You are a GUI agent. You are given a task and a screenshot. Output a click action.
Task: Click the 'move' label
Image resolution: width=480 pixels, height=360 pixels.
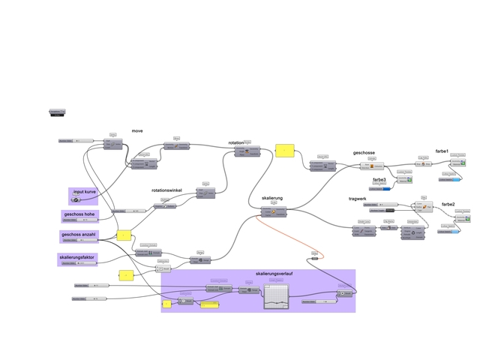click(137, 130)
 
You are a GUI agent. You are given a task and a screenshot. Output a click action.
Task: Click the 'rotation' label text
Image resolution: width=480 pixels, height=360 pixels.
click(237, 142)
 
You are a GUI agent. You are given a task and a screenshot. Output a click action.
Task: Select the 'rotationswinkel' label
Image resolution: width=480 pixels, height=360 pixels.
click(166, 190)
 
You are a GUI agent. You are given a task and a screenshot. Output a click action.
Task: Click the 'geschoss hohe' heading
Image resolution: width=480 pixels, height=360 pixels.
click(79, 214)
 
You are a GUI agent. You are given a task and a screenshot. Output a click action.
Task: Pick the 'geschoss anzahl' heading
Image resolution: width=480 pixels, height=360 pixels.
click(79, 235)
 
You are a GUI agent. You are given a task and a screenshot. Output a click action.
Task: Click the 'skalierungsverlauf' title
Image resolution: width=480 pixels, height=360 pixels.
click(274, 274)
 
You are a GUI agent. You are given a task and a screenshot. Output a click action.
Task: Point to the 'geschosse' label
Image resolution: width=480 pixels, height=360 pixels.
click(364, 153)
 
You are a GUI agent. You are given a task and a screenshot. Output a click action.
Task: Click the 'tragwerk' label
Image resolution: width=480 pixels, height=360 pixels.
click(358, 198)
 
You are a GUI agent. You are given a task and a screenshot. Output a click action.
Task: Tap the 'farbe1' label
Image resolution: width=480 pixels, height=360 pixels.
click(442, 151)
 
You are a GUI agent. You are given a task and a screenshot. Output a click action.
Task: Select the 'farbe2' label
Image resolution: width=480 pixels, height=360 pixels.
click(448, 204)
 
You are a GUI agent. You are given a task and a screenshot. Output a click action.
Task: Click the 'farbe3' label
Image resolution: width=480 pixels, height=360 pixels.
click(379, 180)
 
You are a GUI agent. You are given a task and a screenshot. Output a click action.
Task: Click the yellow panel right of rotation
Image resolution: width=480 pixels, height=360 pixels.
click(285, 151)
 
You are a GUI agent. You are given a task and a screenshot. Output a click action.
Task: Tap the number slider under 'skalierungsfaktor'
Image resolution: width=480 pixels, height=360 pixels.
click(79, 264)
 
